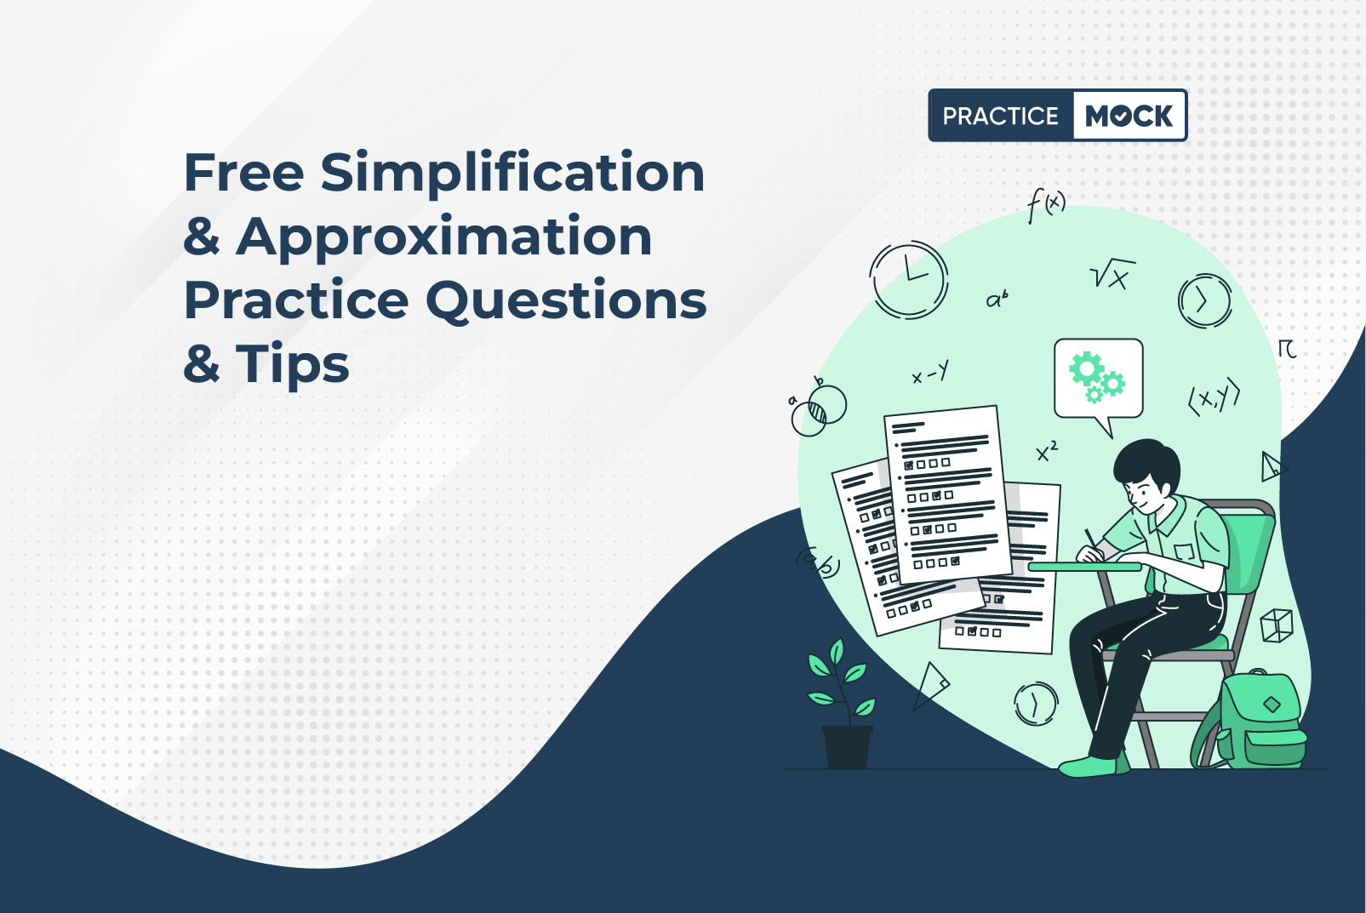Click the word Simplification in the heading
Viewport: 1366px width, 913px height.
tap(512, 173)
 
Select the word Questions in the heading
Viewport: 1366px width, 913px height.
tap(566, 300)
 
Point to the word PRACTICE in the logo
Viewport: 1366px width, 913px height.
tap(1000, 116)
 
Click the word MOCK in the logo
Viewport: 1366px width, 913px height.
tap(1129, 116)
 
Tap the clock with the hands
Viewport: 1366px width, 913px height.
tap(909, 280)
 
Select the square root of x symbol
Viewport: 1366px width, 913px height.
tap(1112, 274)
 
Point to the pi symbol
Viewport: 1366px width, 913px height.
tap(1287, 349)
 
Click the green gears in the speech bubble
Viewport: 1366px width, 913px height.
tap(1096, 377)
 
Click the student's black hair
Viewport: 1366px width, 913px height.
tap(1146, 461)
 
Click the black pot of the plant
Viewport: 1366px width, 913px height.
tap(847, 746)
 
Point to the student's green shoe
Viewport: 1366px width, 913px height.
tap(1092, 766)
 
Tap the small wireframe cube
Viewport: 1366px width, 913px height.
tap(1277, 625)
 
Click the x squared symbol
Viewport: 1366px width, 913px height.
tap(1047, 451)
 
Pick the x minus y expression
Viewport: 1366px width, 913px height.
tap(930, 372)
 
